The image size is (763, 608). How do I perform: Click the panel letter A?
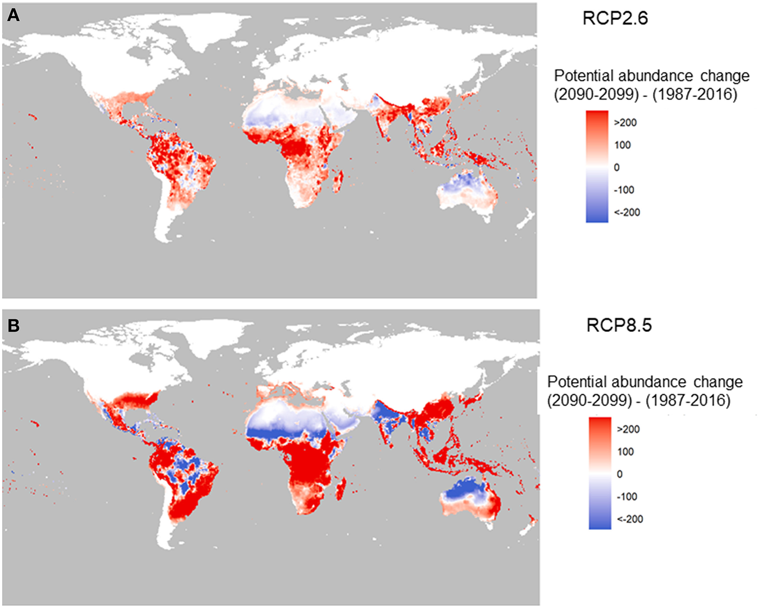pyautogui.click(x=13, y=15)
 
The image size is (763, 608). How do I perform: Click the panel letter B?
pyautogui.click(x=13, y=325)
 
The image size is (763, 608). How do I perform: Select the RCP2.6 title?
pyautogui.click(x=615, y=18)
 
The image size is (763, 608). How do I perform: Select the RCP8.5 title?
pyautogui.click(x=619, y=325)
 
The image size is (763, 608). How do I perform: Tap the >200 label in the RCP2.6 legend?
pyautogui.click(x=625, y=123)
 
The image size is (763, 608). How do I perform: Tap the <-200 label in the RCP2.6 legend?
pyautogui.click(x=627, y=213)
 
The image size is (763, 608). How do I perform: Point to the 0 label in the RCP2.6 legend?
pyautogui.click(x=617, y=167)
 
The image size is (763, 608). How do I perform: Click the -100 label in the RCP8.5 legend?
pyautogui.click(x=627, y=497)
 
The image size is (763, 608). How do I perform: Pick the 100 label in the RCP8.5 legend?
pyautogui.click(x=625, y=451)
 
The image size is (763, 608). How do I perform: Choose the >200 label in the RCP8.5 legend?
pyautogui.click(x=628, y=429)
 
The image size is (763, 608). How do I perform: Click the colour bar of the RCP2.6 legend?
pyautogui.click(x=597, y=167)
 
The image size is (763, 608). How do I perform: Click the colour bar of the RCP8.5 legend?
pyautogui.click(x=600, y=473)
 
